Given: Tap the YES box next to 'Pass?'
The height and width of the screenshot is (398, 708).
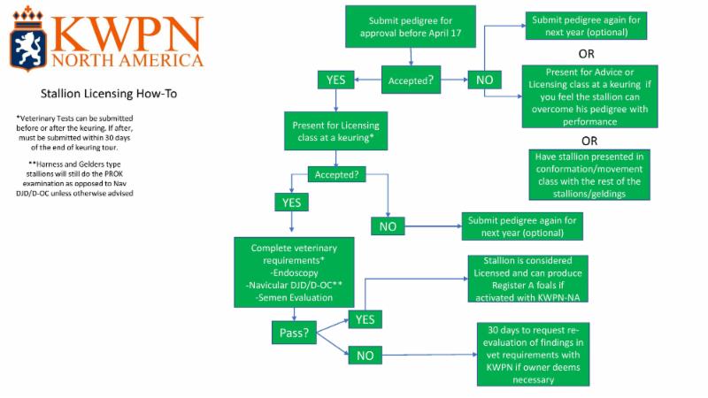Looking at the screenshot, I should (365, 318).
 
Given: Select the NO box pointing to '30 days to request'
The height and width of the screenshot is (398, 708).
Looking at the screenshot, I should (365, 356).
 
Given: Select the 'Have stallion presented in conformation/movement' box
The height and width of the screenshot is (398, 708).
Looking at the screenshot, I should (589, 175).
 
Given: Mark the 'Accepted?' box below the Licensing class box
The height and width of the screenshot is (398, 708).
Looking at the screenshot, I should (336, 174).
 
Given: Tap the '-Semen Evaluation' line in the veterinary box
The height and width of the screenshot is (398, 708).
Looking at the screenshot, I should (289, 298).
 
